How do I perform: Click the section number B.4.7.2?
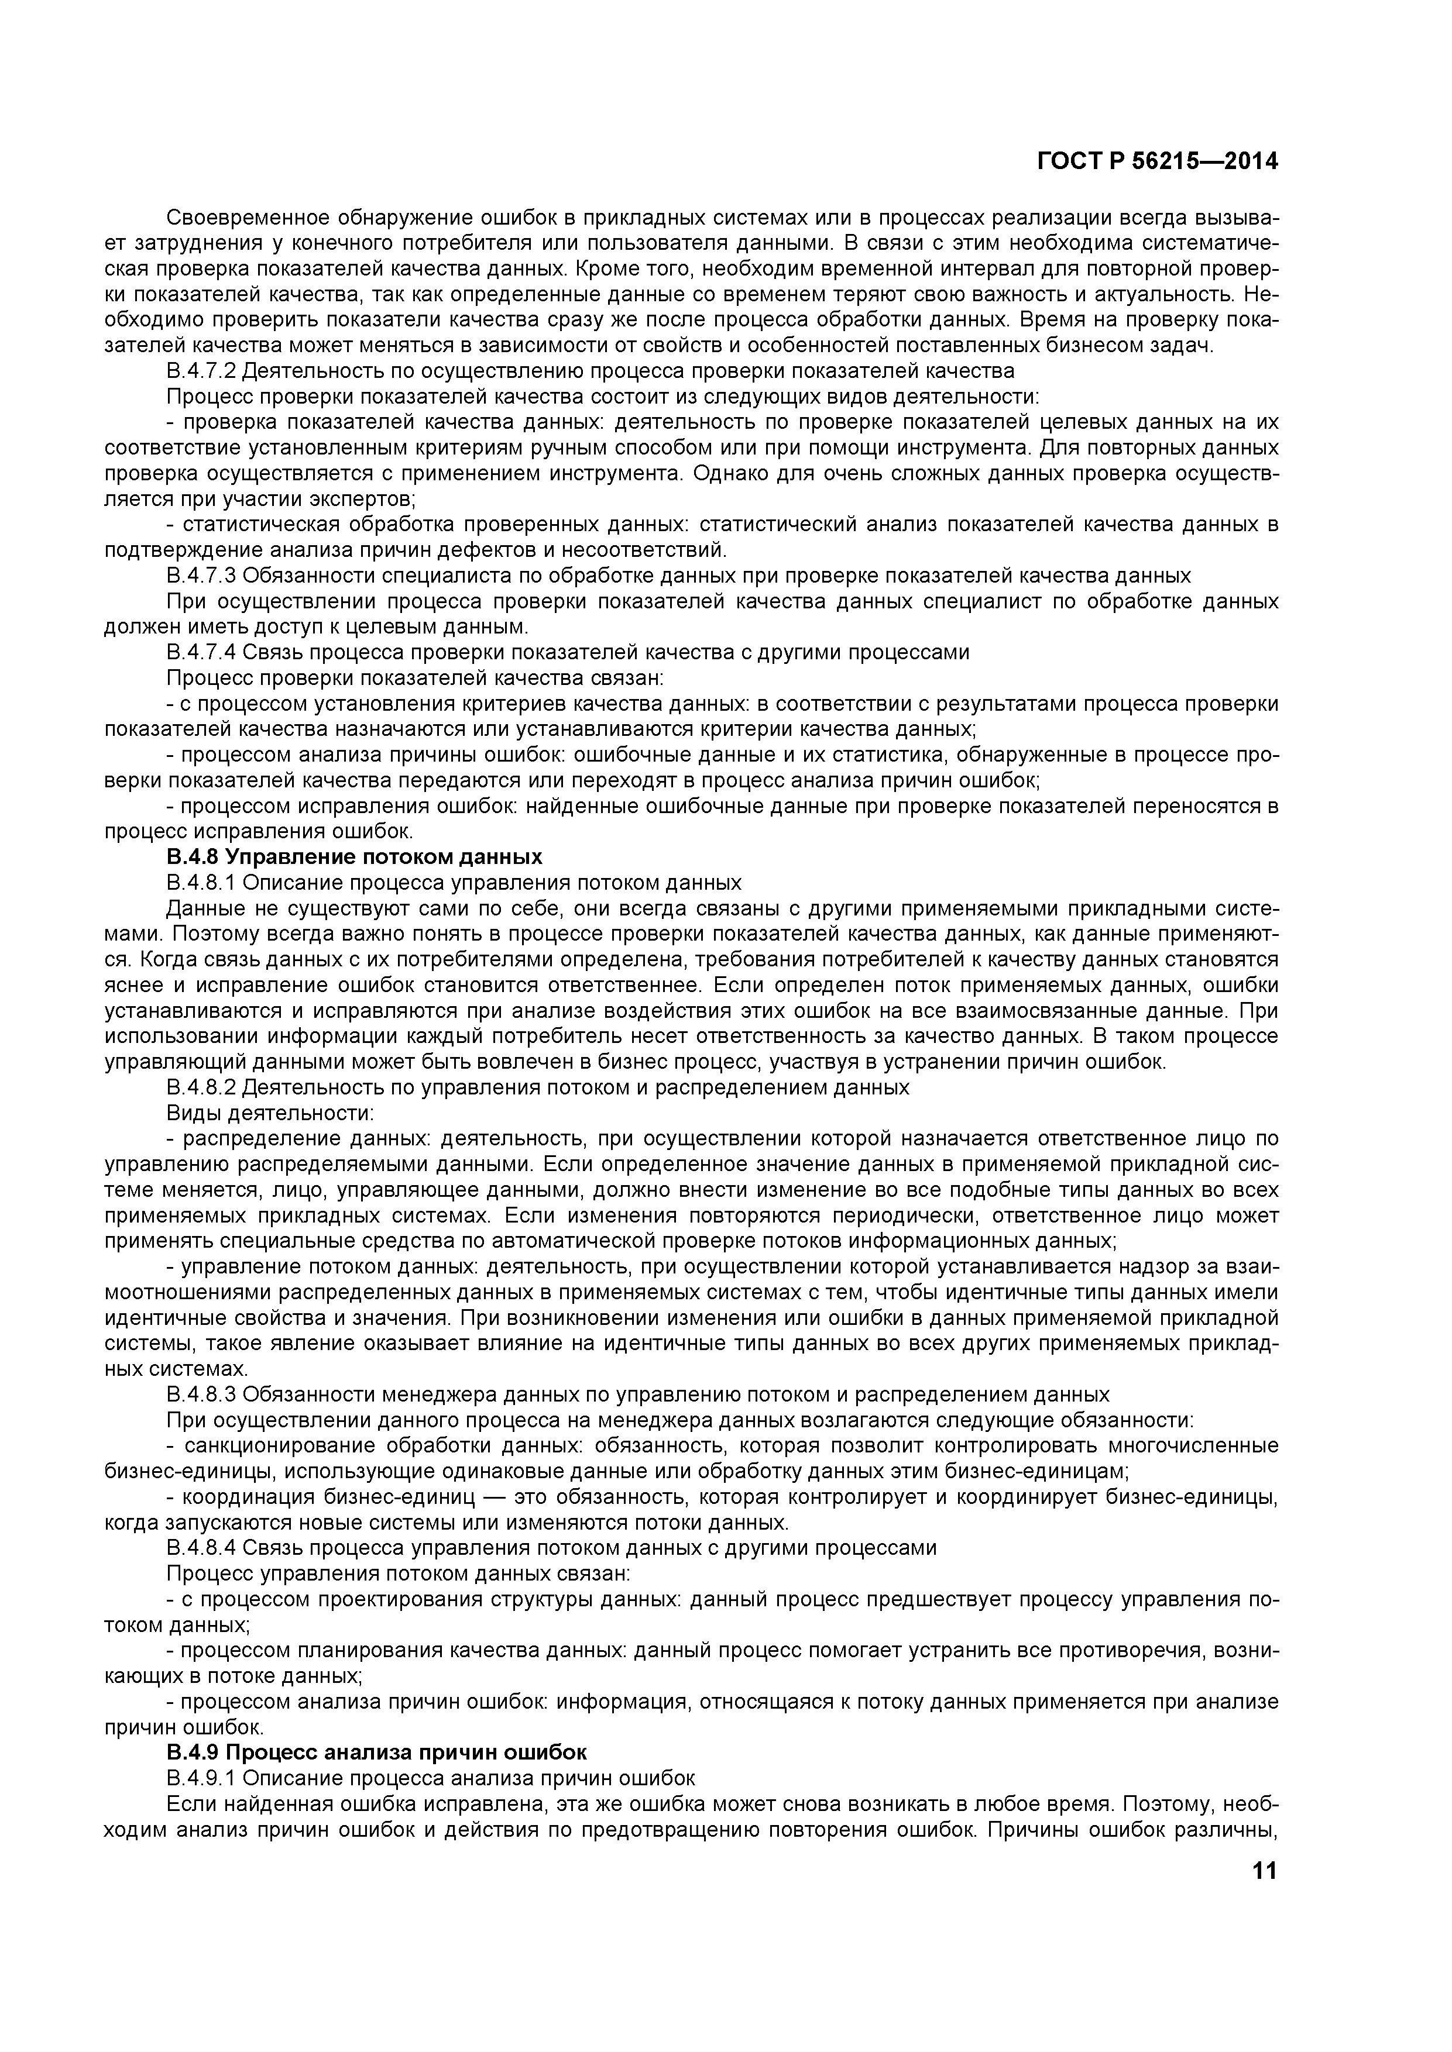coord(201,371)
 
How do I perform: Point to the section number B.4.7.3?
coord(201,576)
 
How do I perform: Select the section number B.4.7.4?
coord(201,652)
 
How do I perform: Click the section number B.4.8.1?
coord(201,883)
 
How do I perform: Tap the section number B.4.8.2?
coord(201,1087)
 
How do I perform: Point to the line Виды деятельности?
coord(270,1114)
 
